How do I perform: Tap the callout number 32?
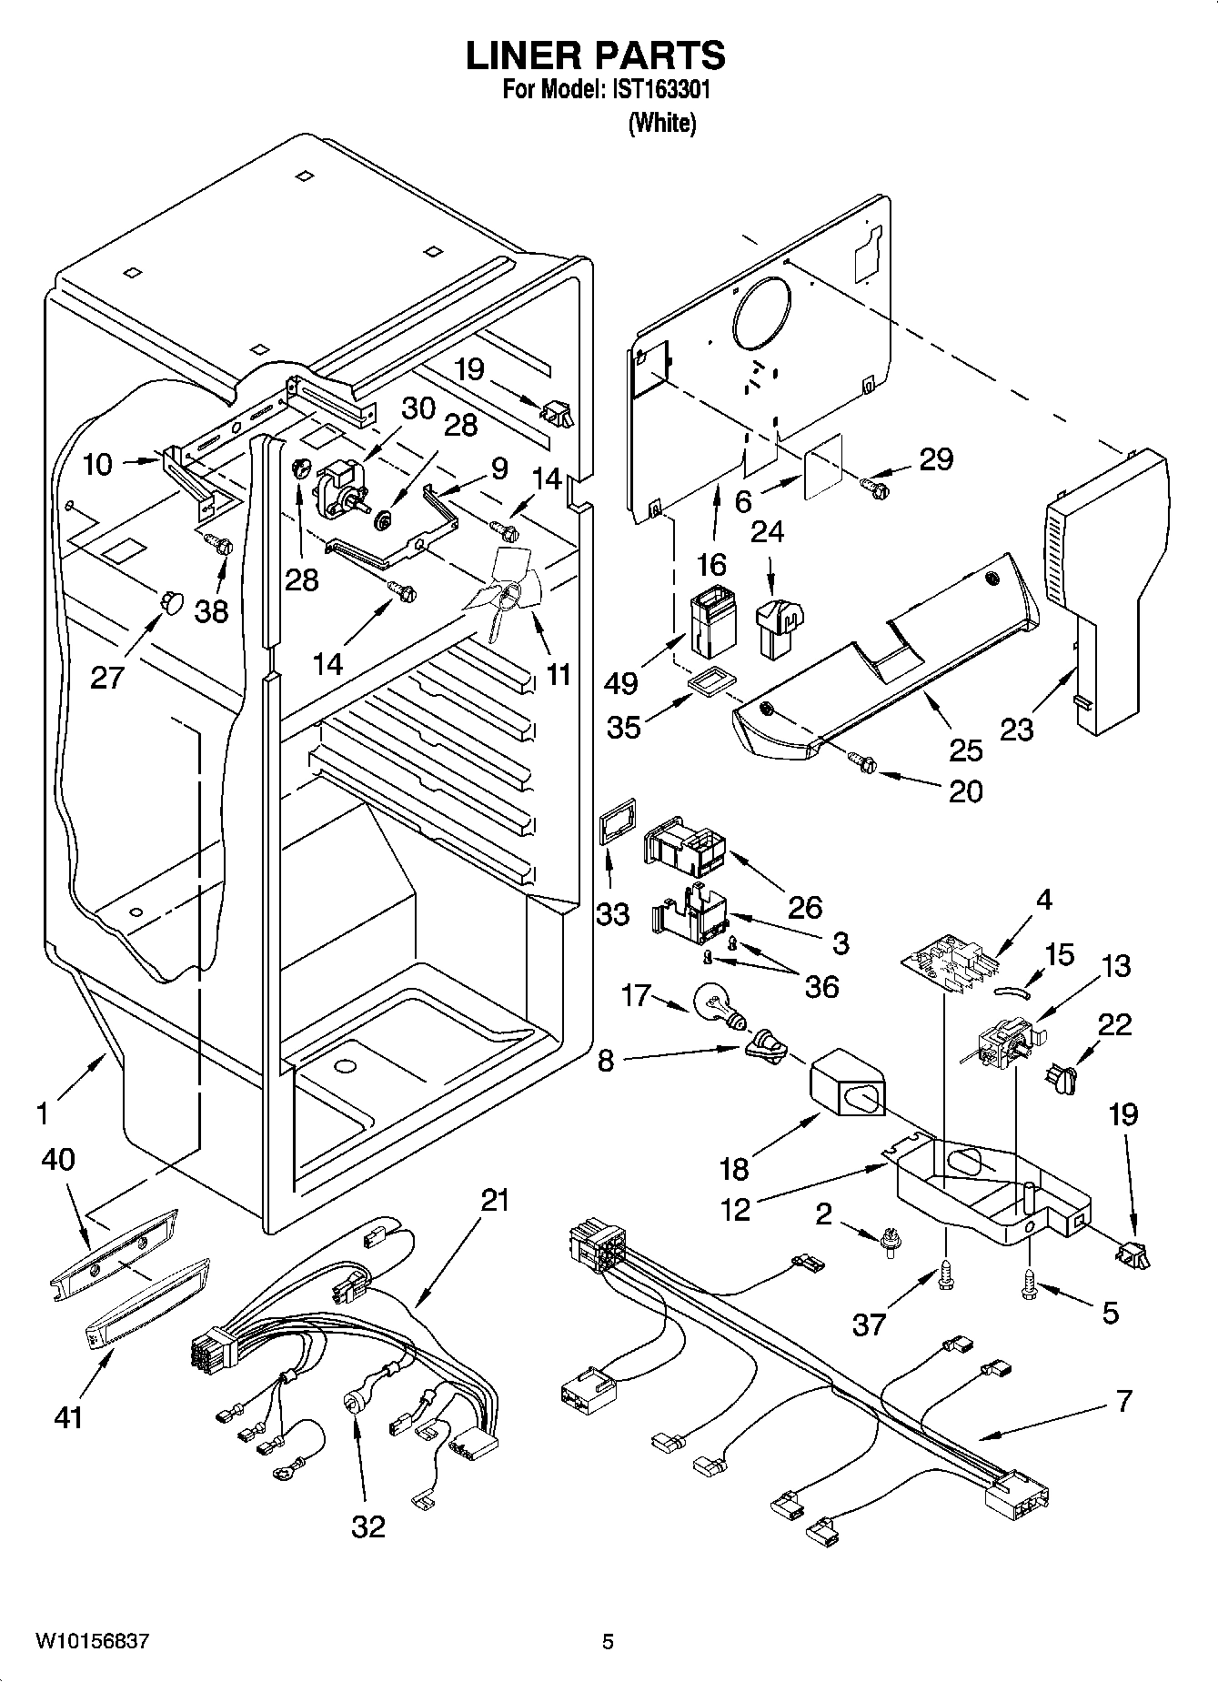(x=368, y=1526)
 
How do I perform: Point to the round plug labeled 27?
(x=170, y=599)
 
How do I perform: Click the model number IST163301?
(x=658, y=90)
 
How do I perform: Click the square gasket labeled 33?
(x=616, y=824)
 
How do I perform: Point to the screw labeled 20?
(x=864, y=762)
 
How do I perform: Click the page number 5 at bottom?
(x=608, y=1642)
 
